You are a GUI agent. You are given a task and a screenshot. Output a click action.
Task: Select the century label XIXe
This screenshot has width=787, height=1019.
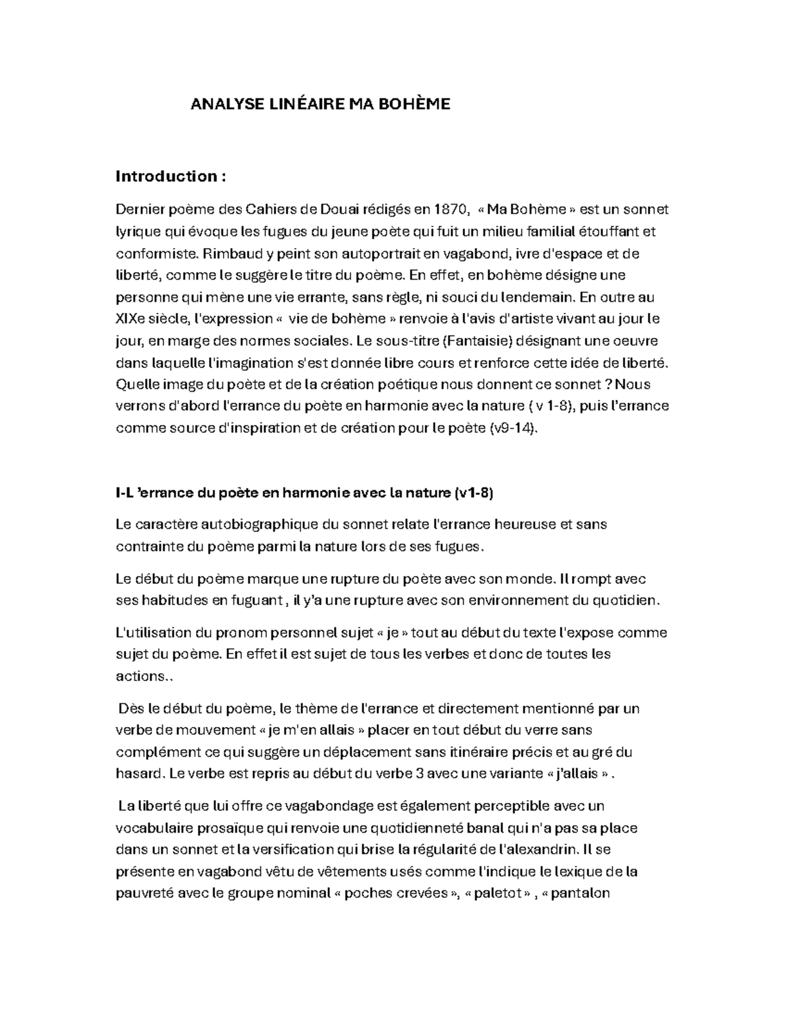pyautogui.click(x=132, y=319)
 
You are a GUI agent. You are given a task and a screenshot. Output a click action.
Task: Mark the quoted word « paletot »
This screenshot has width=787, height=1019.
pyautogui.click(x=496, y=893)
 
